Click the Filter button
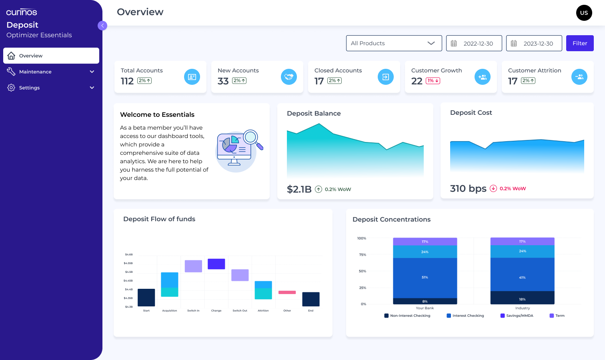click(x=580, y=43)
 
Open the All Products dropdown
click(x=394, y=43)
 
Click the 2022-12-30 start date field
click(x=474, y=43)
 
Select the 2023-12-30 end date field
click(x=534, y=43)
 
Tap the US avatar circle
click(x=584, y=13)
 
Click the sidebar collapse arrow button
click(x=102, y=26)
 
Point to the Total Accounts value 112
click(x=127, y=81)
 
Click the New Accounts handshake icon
click(x=289, y=77)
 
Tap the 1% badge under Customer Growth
click(x=433, y=81)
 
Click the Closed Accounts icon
click(x=386, y=77)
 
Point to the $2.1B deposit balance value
click(x=299, y=189)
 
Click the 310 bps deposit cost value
click(x=468, y=188)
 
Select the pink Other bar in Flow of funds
click(x=287, y=292)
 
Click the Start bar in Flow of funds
click(x=146, y=298)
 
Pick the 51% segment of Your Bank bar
click(x=425, y=278)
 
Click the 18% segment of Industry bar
click(x=522, y=298)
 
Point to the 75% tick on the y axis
click(x=363, y=255)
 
